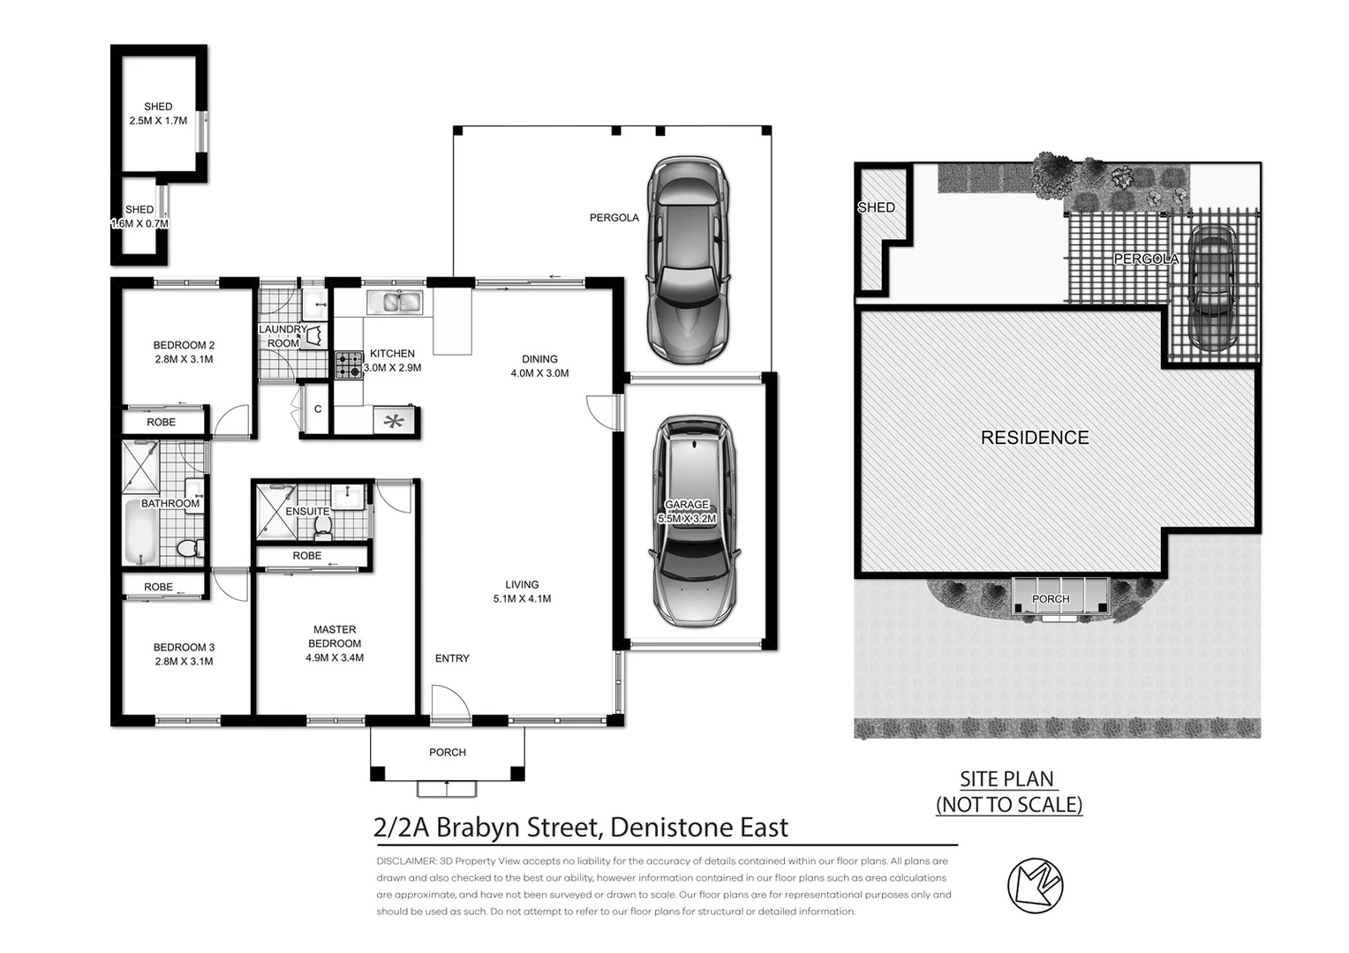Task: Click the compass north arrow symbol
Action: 1036,886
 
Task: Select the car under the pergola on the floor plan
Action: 688,260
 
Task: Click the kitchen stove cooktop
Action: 349,364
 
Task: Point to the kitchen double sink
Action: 395,301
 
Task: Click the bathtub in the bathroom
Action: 141,532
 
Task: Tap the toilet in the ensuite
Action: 323,529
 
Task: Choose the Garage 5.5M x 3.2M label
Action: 687,511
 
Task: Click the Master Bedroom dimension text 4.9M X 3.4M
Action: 335,657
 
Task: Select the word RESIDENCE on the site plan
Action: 1035,437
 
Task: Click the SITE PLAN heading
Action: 1006,779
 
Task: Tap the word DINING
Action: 539,359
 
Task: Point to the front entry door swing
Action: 450,702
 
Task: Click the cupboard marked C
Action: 317,409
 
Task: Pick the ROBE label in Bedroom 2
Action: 161,422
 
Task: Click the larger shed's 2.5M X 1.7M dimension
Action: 158,120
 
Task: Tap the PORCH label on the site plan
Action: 1051,598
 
